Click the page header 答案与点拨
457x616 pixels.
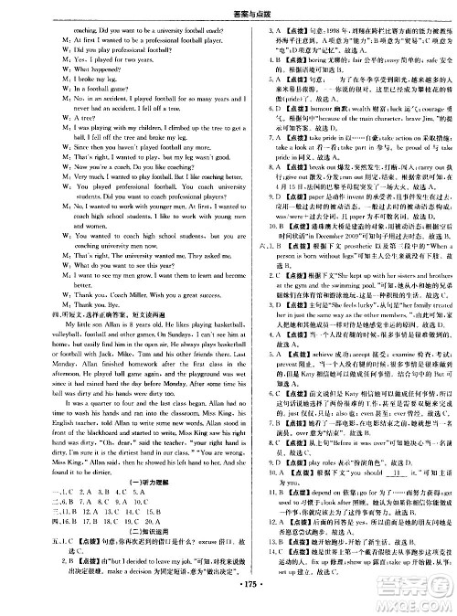(x=228, y=8)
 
